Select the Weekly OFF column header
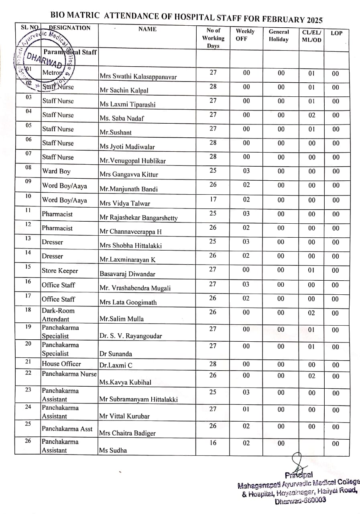coord(245,35)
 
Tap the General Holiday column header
coord(279,35)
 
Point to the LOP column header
coord(336,33)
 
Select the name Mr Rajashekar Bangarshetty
coord(138,218)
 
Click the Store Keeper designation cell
coord(60,271)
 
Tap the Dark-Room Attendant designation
coord(58,315)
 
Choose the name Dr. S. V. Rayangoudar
coord(131,336)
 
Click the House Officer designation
coord(61,364)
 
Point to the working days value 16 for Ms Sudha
coord(213,443)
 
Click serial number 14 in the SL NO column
coord(28,253)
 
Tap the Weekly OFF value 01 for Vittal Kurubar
coord(246,409)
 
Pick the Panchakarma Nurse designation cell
coord(69,374)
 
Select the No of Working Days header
coord(213,38)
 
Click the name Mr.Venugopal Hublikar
coord(132,161)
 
